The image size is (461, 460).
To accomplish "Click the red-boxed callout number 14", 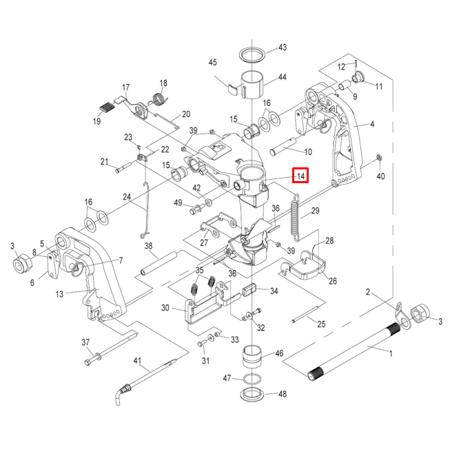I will (x=300, y=176).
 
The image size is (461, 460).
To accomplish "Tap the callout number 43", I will (x=282, y=48).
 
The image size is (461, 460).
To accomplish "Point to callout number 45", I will (x=213, y=62).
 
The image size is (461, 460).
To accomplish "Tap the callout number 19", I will (x=98, y=122).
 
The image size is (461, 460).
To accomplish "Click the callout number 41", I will (x=137, y=361).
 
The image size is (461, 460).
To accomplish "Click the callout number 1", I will (x=391, y=354).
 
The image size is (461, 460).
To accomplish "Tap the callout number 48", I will (x=282, y=394).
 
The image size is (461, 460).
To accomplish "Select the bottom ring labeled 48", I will (x=253, y=395).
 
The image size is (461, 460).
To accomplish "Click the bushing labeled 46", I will (x=252, y=359).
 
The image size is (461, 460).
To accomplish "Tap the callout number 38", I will (x=148, y=246).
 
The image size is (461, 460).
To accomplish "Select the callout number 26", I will (x=333, y=281).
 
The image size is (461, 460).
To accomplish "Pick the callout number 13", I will (x=60, y=294).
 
